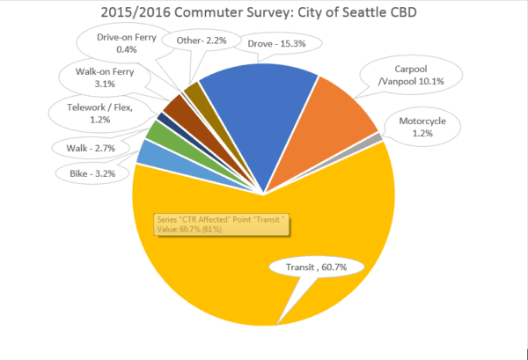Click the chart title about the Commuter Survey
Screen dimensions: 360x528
click(x=264, y=15)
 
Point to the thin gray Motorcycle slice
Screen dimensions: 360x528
click(x=376, y=139)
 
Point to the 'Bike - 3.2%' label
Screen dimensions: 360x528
click(x=92, y=173)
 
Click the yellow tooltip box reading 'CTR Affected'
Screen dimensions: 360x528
click(x=220, y=223)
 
